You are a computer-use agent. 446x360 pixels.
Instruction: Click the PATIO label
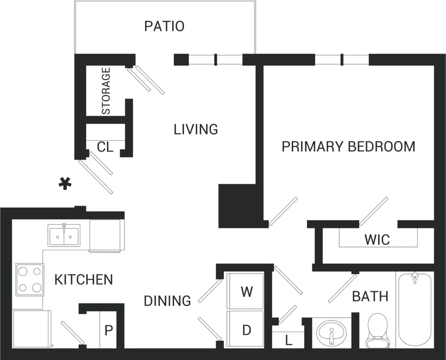coord(164,26)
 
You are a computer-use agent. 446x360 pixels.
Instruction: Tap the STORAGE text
coord(106,91)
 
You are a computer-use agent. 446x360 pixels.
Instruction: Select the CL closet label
coord(105,147)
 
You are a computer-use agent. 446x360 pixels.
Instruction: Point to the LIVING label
coord(195,129)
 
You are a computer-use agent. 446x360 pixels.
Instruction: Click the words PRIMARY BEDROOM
coord(348,146)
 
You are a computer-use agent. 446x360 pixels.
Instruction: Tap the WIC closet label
coord(377,239)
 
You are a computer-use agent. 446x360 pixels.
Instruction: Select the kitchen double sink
coord(64,235)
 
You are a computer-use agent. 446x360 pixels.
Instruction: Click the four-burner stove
coord(29,279)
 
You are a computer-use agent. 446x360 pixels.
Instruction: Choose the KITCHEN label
coord(84,280)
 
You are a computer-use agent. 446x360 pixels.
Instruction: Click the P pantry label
coord(109,330)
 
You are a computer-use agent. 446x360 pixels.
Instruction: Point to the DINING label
coord(167,301)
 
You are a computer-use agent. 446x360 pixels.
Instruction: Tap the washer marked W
coord(246,292)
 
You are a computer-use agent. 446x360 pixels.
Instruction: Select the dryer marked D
coord(246,330)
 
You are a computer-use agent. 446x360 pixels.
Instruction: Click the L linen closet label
coord(288,340)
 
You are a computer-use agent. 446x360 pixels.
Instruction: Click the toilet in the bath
coord(378,330)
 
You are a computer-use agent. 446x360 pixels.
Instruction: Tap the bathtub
coord(415,309)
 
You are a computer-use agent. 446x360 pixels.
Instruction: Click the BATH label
coord(370,297)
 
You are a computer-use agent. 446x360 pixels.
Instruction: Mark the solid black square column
coord(236,206)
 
